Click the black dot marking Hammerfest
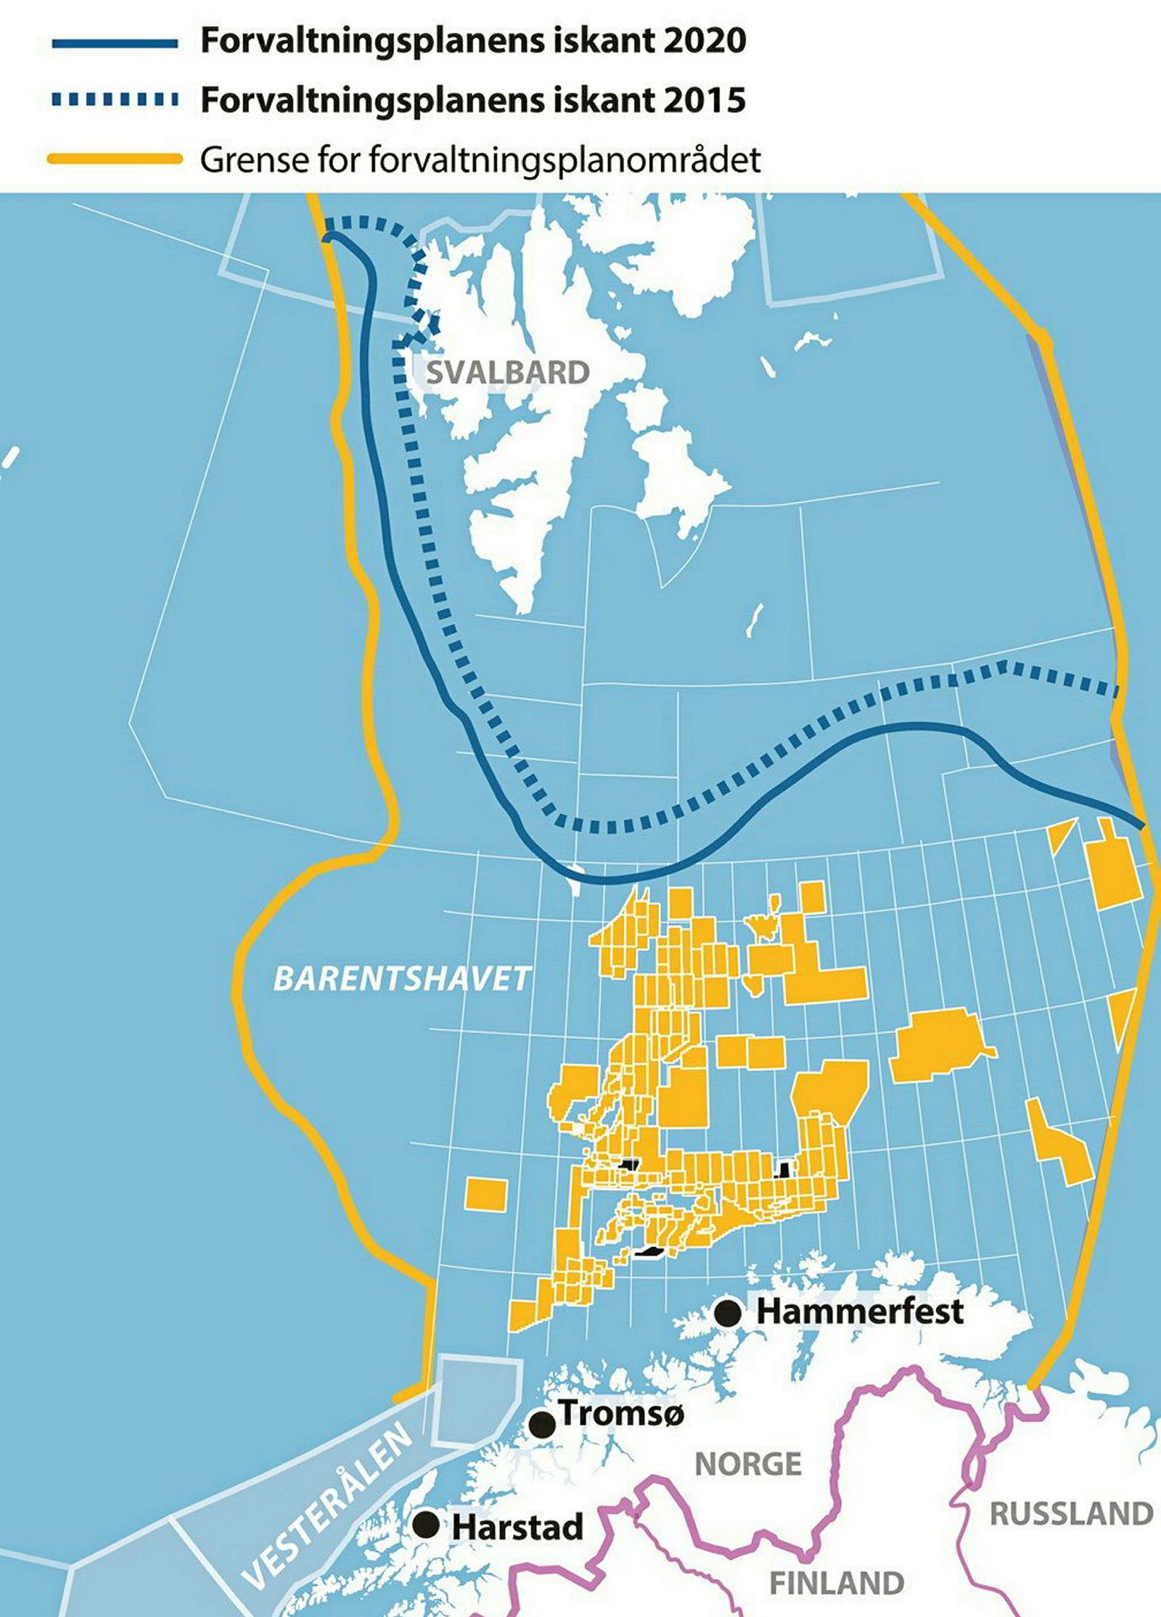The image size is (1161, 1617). click(727, 1312)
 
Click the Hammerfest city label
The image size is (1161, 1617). click(860, 1312)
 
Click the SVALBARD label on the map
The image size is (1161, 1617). click(507, 373)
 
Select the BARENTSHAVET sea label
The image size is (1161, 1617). click(402, 979)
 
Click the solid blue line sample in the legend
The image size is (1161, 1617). click(115, 44)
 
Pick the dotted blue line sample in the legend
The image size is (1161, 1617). click(115, 100)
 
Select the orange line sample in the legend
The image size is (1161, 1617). click(115, 158)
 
